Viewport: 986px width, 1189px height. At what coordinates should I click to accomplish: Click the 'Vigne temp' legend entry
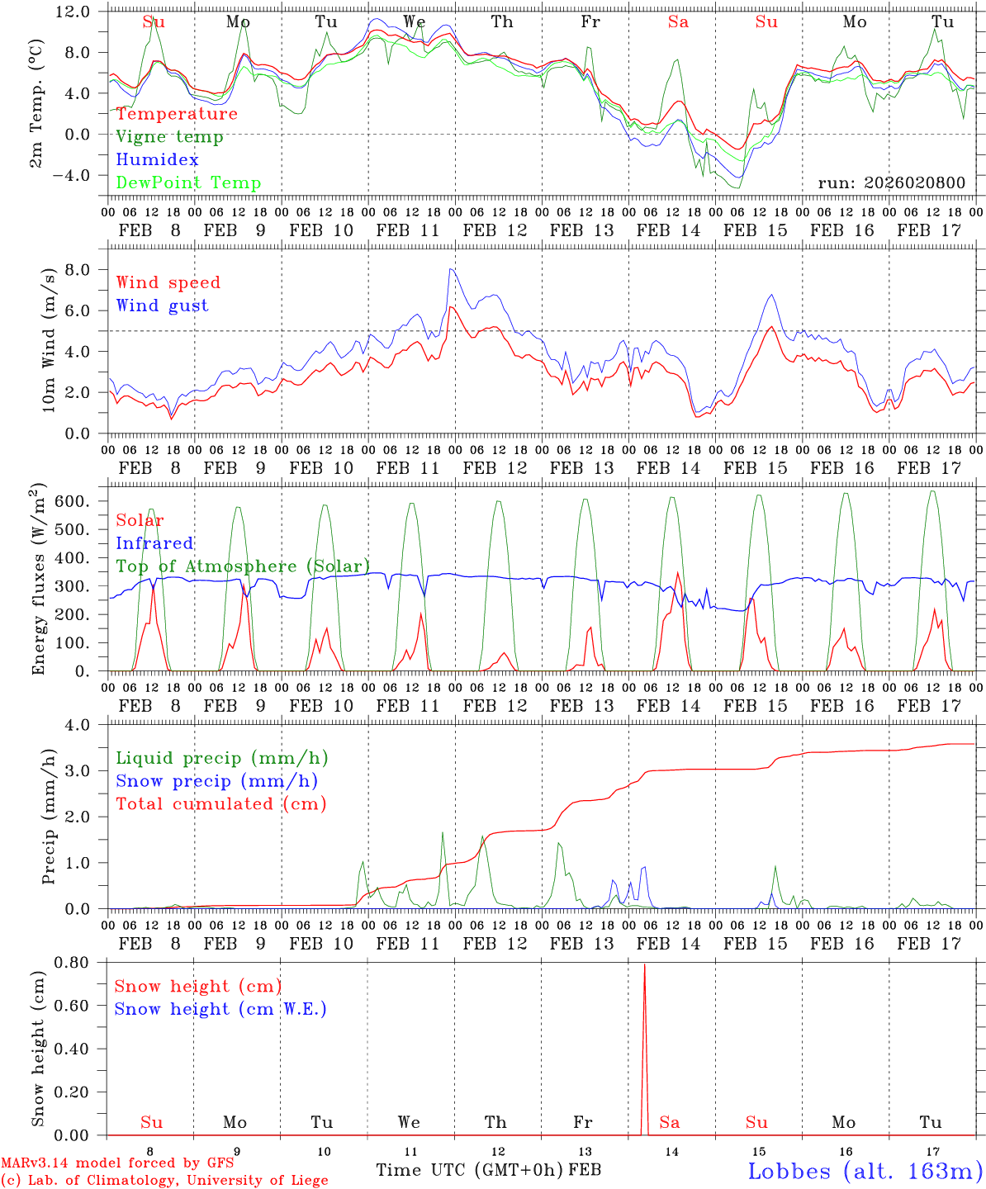(169, 137)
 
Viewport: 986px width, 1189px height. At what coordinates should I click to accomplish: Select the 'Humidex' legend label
(157, 160)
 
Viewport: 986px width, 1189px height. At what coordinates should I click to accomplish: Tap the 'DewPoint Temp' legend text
(188, 183)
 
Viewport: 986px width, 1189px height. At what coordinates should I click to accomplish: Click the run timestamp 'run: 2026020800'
(891, 183)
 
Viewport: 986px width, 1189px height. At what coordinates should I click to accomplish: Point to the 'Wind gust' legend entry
(162, 306)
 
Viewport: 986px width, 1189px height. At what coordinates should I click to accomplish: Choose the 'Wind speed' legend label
(168, 282)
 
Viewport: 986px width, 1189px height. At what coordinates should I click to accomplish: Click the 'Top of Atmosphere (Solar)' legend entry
(243, 566)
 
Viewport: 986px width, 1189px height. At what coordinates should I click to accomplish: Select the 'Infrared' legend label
(154, 543)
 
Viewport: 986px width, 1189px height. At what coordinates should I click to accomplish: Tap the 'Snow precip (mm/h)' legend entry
(216, 781)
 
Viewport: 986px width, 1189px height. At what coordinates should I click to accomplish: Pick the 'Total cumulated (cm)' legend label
(220, 804)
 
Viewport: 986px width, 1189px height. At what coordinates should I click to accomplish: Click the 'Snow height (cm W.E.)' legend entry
(220, 1009)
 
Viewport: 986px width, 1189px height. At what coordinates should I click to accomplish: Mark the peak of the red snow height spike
(644, 964)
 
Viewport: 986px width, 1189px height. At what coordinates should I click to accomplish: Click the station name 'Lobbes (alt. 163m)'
(865, 1171)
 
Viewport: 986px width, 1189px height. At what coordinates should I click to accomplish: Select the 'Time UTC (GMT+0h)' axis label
(470, 1170)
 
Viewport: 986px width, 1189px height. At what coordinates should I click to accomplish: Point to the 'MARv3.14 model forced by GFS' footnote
(117, 1163)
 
